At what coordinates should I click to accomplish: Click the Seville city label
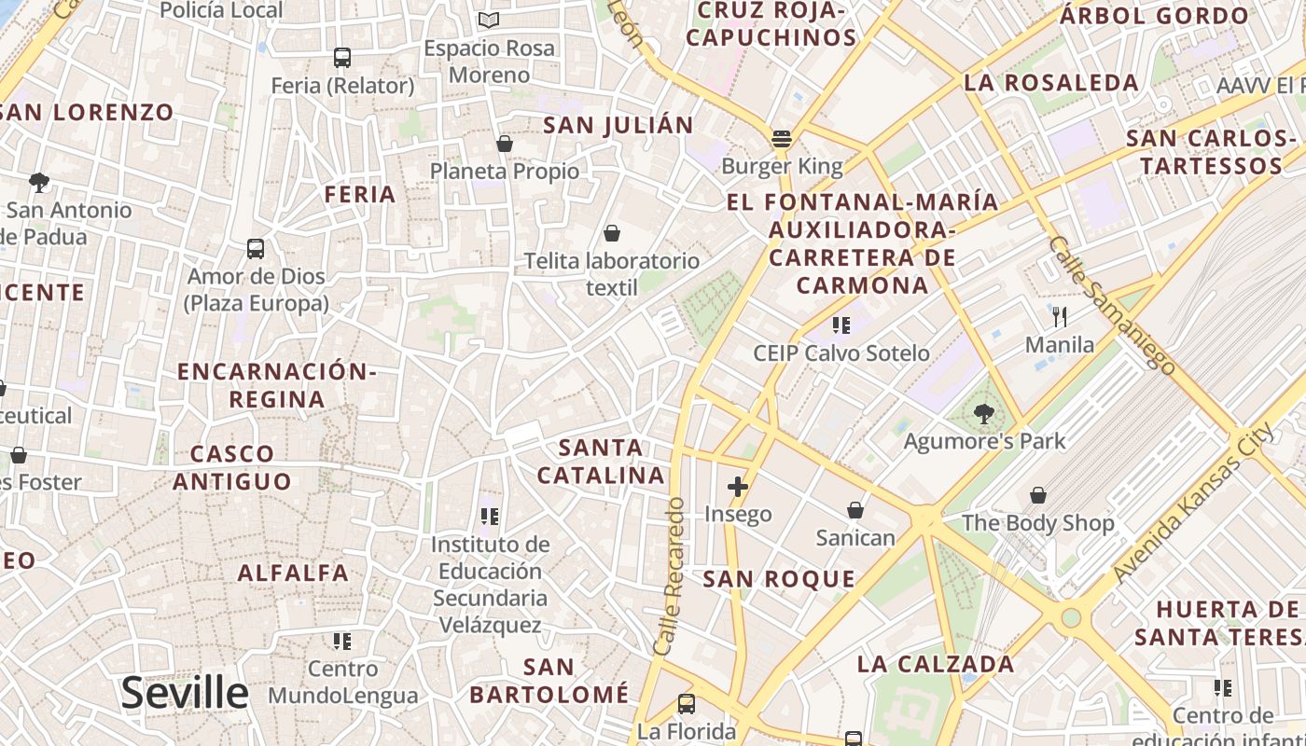point(185,693)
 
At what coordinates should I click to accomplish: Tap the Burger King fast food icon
point(782,139)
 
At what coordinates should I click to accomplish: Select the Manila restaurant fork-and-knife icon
point(1059,317)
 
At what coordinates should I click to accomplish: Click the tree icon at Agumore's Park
point(983,412)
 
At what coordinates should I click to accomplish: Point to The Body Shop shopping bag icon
point(1038,495)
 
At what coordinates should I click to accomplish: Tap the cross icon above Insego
point(738,486)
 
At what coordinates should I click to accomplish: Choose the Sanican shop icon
point(854,510)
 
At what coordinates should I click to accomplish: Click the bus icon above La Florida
point(687,703)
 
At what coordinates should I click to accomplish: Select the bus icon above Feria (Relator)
point(342,58)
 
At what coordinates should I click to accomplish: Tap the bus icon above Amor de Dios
point(256,249)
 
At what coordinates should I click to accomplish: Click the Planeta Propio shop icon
point(505,144)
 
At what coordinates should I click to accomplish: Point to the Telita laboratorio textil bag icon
point(612,233)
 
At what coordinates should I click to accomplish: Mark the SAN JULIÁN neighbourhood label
point(618,125)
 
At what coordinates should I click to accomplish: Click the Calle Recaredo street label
point(670,575)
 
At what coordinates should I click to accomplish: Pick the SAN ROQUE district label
point(779,579)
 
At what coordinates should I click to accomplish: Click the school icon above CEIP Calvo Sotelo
point(841,325)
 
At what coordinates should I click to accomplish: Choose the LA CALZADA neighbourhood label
point(936,664)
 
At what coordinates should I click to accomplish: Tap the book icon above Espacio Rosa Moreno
point(488,20)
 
